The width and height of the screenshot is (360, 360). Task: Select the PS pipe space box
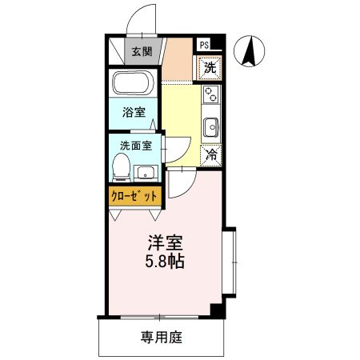pyautogui.click(x=205, y=46)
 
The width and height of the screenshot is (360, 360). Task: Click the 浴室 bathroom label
pyautogui.click(x=134, y=114)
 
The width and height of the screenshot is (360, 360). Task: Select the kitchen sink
pyautogui.click(x=212, y=126)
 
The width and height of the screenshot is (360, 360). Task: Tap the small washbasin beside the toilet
pyautogui.click(x=146, y=171)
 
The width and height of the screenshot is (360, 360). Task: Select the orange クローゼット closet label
pyautogui.click(x=134, y=195)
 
